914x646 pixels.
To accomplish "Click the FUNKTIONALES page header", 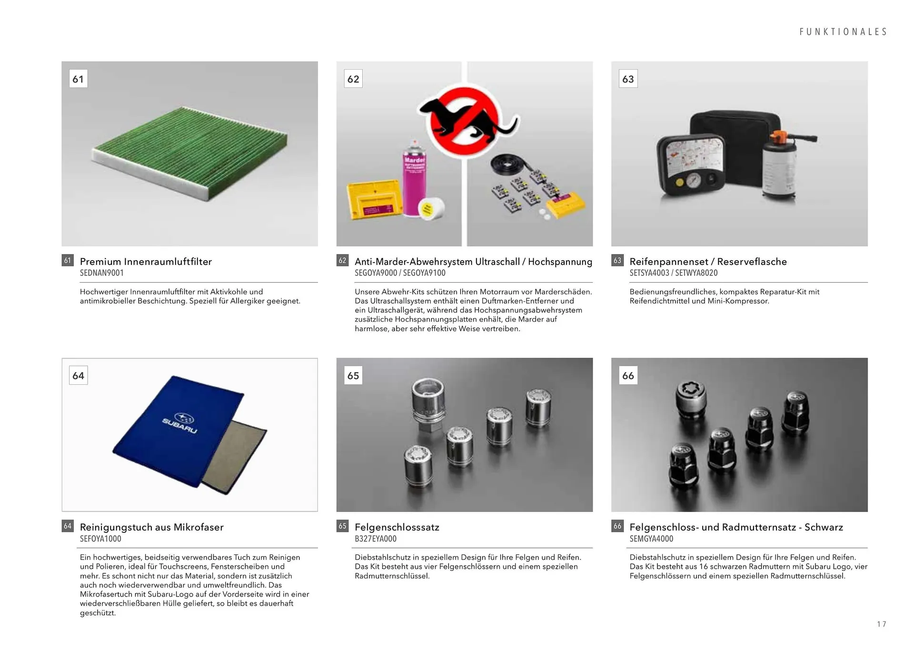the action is point(843,32).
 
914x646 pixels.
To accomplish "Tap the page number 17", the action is point(881,624).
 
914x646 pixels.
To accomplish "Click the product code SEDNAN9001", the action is point(102,273).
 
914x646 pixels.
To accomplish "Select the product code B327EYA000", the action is point(376,539).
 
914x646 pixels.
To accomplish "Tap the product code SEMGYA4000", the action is point(651,539).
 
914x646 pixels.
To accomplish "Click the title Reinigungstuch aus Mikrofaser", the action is point(152,527).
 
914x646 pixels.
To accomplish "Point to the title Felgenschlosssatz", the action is point(397,527).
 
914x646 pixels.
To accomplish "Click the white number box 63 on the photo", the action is point(628,79).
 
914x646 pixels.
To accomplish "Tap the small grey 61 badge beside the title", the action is point(68,260).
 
